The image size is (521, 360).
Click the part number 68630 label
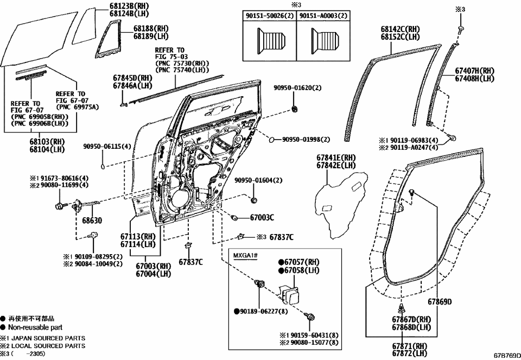tap(92, 222)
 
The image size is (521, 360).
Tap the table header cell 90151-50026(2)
tap(269, 16)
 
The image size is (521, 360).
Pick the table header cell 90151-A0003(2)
tap(324, 16)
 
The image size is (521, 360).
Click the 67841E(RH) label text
tap(336, 157)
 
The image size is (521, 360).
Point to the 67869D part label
tap(439, 301)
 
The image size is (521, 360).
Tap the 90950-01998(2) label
tap(306, 140)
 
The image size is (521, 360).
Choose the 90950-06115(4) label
tap(107, 147)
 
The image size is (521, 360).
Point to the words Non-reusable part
tap(35, 327)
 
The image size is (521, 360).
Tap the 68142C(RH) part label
tap(400, 29)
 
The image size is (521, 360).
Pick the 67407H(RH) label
tap(474, 71)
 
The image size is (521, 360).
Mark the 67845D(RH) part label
tap(132, 78)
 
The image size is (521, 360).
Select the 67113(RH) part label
tap(138, 237)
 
